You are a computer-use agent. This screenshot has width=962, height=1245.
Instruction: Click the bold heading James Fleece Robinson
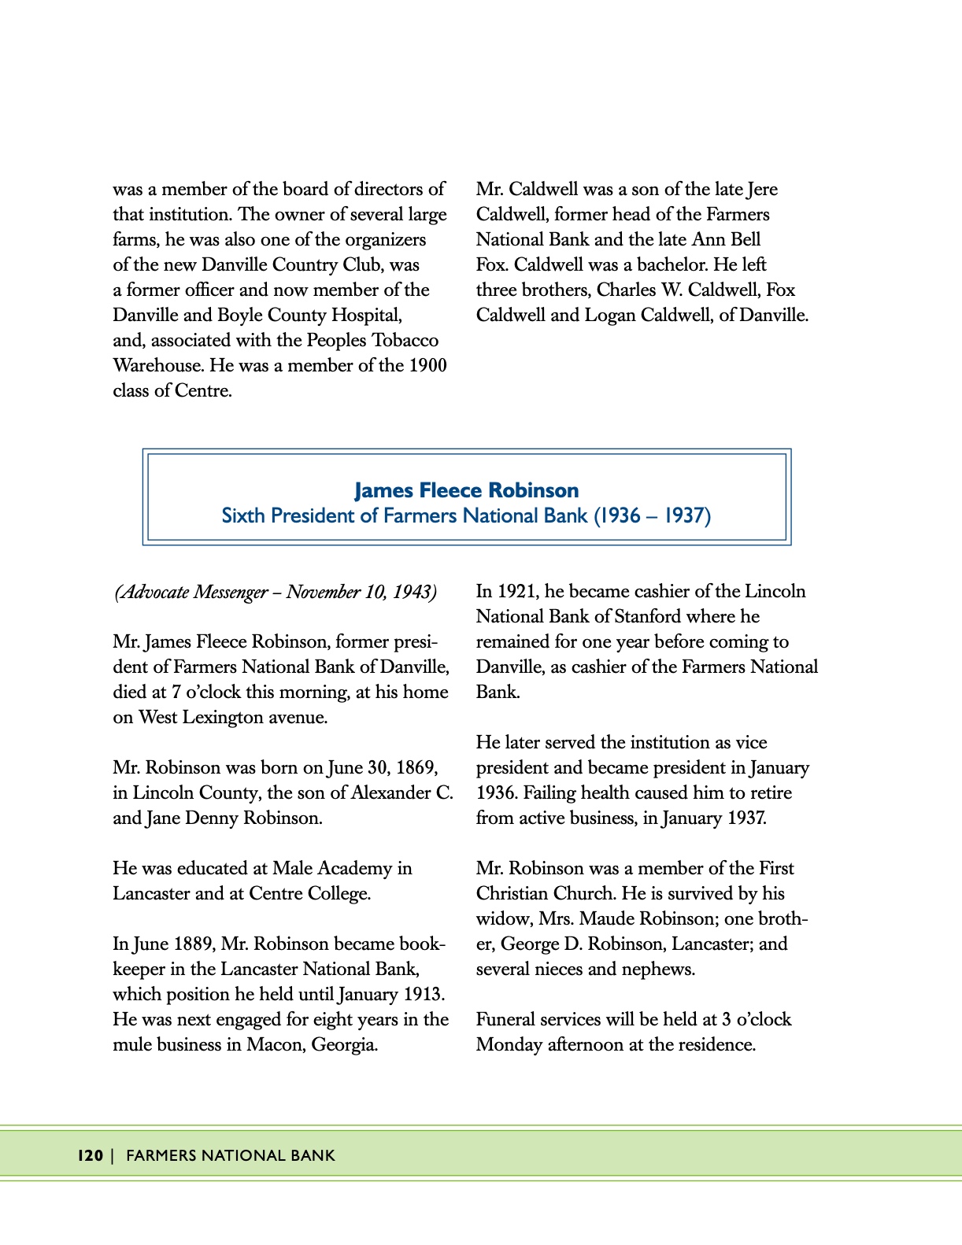466,490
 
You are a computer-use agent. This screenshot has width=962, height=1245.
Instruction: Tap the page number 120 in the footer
91,1155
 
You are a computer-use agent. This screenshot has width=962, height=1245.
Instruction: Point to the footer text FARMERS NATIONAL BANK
231,1155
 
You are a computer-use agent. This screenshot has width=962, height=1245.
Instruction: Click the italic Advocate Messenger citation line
275,592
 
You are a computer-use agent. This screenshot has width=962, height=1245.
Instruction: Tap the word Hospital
365,315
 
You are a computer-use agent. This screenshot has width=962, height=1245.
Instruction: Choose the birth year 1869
416,767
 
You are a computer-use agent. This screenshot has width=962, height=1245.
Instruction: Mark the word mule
131,1044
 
